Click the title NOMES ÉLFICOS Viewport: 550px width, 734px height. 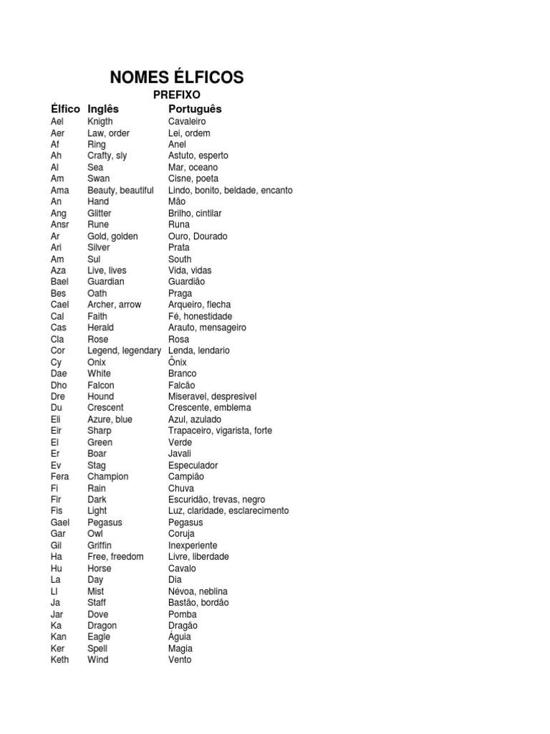tap(176, 77)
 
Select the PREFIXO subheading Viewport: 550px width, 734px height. tap(176, 95)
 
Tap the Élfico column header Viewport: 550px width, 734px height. tap(65, 109)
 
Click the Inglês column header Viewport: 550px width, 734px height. tap(103, 109)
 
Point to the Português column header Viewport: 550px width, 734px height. tap(195, 109)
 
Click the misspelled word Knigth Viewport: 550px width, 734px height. tap(100, 121)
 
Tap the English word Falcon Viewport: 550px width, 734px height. tap(101, 385)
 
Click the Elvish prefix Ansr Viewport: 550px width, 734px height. tap(60, 224)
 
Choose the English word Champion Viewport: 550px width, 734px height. tap(108, 477)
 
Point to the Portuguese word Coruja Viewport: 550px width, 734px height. tap(182, 534)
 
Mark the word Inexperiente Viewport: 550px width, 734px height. tap(193, 545)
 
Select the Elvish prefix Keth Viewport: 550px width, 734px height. tap(60, 659)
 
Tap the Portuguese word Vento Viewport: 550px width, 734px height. tap(180, 659)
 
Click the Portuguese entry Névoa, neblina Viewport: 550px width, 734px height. tap(198, 591)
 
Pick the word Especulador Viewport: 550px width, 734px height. tap(193, 465)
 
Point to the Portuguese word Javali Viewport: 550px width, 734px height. tap(180, 454)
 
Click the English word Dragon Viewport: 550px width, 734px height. tap(102, 625)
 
